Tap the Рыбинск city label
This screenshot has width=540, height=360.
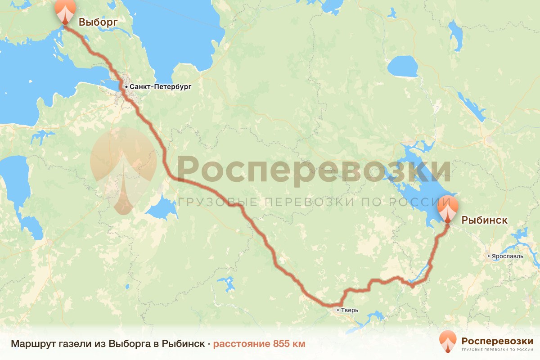tap(485, 220)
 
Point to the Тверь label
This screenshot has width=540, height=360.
tap(349, 310)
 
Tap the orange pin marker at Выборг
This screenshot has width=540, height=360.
tap(65, 12)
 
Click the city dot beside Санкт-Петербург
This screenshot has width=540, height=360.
tap(126, 86)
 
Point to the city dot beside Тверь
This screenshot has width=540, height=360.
tap(338, 310)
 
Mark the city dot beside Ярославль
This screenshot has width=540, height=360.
tap(489, 256)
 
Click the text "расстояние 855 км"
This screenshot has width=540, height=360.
tap(259, 344)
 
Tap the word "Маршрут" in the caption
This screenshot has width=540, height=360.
tap(30, 344)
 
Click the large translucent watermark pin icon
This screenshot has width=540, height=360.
tap(123, 169)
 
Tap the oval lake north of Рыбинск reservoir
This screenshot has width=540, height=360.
tap(403, 67)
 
